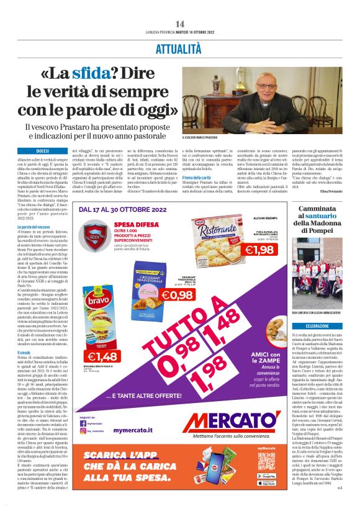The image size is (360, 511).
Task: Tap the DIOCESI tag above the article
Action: (43, 151)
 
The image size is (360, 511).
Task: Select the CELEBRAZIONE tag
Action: (317, 325)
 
